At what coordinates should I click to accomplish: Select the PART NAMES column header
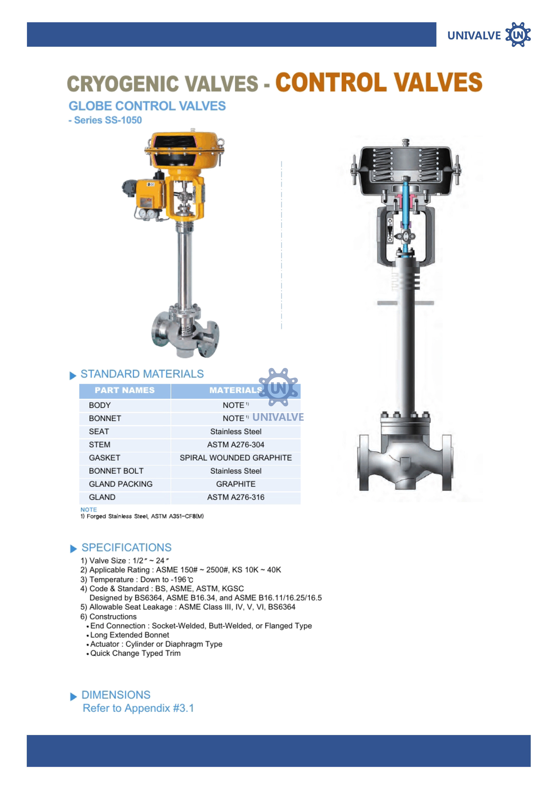tap(125, 390)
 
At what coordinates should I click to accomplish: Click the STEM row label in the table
tap(100, 445)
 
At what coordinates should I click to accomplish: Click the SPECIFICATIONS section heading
tap(126, 547)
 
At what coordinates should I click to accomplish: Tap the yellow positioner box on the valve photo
tap(150, 194)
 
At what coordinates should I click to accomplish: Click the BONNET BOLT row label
tap(116, 471)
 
